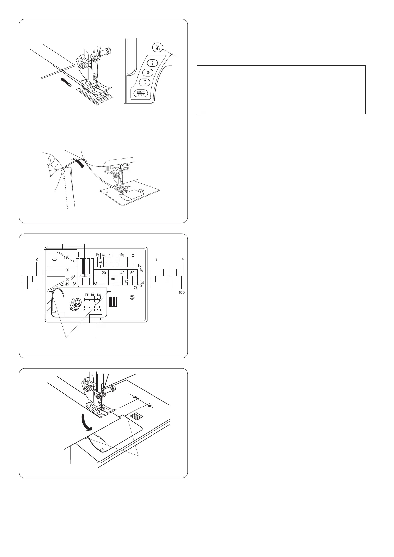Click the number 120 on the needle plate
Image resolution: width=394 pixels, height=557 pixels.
pyautogui.click(x=66, y=257)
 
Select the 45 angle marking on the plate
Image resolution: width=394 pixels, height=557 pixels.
pyautogui.click(x=67, y=284)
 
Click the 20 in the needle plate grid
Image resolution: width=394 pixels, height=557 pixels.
pyautogui.click(x=104, y=273)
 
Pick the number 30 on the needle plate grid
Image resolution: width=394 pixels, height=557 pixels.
pyautogui.click(x=113, y=279)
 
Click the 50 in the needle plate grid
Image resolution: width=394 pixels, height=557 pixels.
pyautogui.click(x=132, y=273)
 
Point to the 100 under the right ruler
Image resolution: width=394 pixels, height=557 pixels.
pyautogui.click(x=181, y=292)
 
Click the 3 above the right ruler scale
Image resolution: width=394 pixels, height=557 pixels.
pyautogui.click(x=157, y=259)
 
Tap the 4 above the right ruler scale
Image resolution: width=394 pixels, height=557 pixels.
pyautogui.click(x=182, y=259)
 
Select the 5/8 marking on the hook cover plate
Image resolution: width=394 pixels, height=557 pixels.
pyautogui.click(x=99, y=295)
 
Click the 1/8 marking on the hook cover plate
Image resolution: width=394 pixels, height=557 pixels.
pyautogui.click(x=86, y=295)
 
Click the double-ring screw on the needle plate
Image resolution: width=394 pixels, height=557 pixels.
pyautogui.click(x=132, y=297)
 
